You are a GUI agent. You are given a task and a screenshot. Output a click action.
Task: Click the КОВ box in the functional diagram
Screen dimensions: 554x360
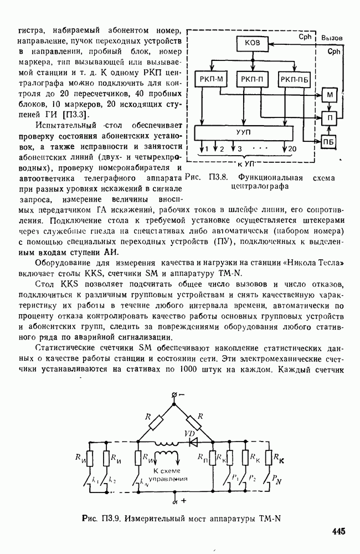253,44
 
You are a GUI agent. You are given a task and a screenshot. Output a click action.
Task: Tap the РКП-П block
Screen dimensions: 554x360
253,79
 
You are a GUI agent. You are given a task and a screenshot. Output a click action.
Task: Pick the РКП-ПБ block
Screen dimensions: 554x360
294,79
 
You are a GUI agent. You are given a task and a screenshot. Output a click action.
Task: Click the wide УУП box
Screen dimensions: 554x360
243,133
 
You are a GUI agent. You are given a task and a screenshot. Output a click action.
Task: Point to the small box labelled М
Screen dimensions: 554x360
330,95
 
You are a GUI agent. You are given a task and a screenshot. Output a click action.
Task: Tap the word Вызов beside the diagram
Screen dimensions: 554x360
335,38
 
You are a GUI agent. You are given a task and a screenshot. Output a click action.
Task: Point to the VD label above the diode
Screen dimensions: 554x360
189,433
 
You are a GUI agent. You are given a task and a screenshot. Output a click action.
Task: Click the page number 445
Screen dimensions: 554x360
338,532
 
